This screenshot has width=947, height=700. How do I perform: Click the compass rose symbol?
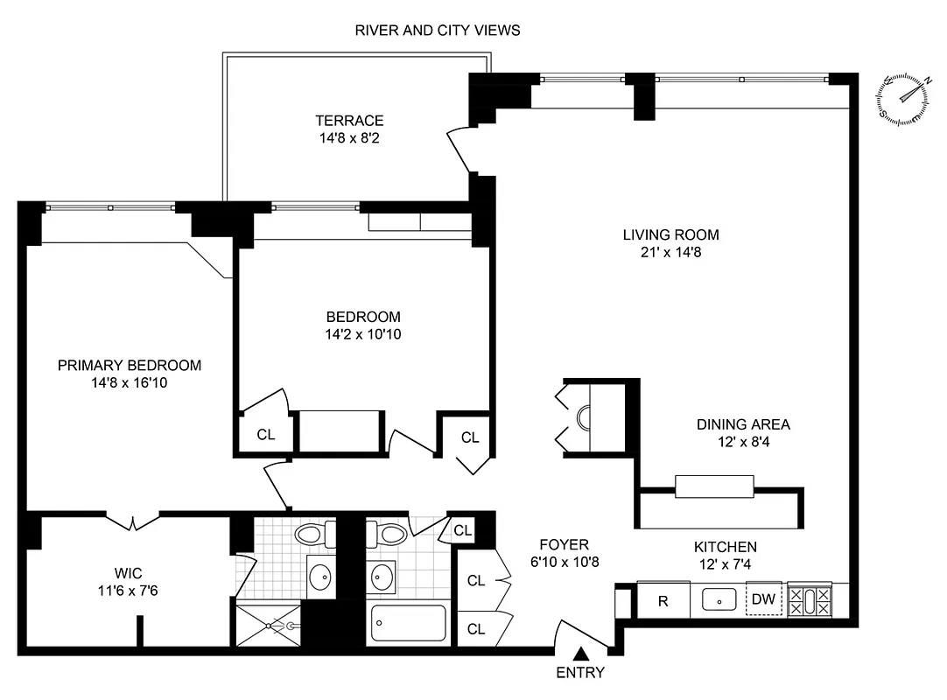(902, 98)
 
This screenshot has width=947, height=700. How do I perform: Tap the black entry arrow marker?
(580, 654)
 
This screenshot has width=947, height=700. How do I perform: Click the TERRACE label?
(350, 121)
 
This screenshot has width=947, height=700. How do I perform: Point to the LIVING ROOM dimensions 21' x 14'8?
(670, 253)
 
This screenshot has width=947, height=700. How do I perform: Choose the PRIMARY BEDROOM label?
(130, 365)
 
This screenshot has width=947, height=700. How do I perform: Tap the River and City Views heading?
(437, 31)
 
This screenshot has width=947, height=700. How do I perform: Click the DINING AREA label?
(743, 424)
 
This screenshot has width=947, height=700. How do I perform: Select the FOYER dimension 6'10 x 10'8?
(564, 562)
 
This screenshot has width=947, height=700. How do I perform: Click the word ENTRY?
(580, 673)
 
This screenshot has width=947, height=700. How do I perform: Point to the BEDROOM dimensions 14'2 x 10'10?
(363, 333)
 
